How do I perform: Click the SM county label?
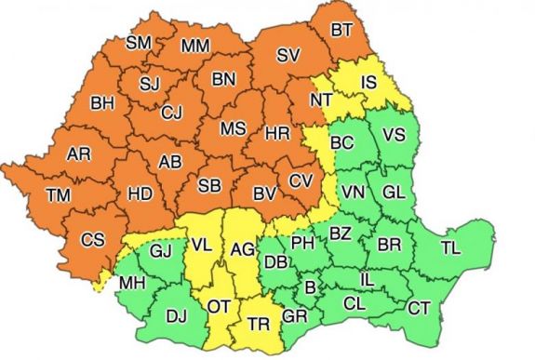[x=139, y=43]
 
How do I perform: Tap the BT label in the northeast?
[x=341, y=31]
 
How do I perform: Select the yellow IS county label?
[x=368, y=84]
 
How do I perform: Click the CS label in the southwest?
[x=92, y=239]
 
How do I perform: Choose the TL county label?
[x=450, y=247]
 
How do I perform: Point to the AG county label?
[x=242, y=248]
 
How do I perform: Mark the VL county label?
[x=202, y=246]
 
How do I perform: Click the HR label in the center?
[x=276, y=134]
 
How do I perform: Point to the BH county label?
[x=102, y=103]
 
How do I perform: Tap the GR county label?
[x=294, y=316]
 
